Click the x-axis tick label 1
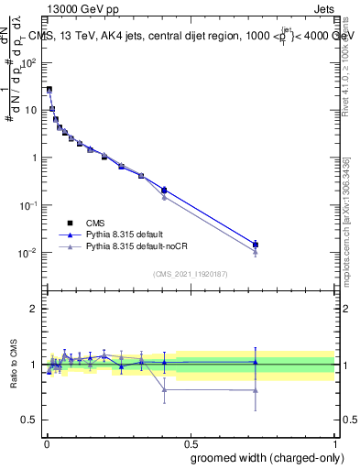coord(335,442)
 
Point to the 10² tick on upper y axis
coord(29,62)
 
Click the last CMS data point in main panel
coord(256,245)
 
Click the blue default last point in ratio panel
coord(256,362)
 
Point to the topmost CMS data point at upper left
coord(49,90)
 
